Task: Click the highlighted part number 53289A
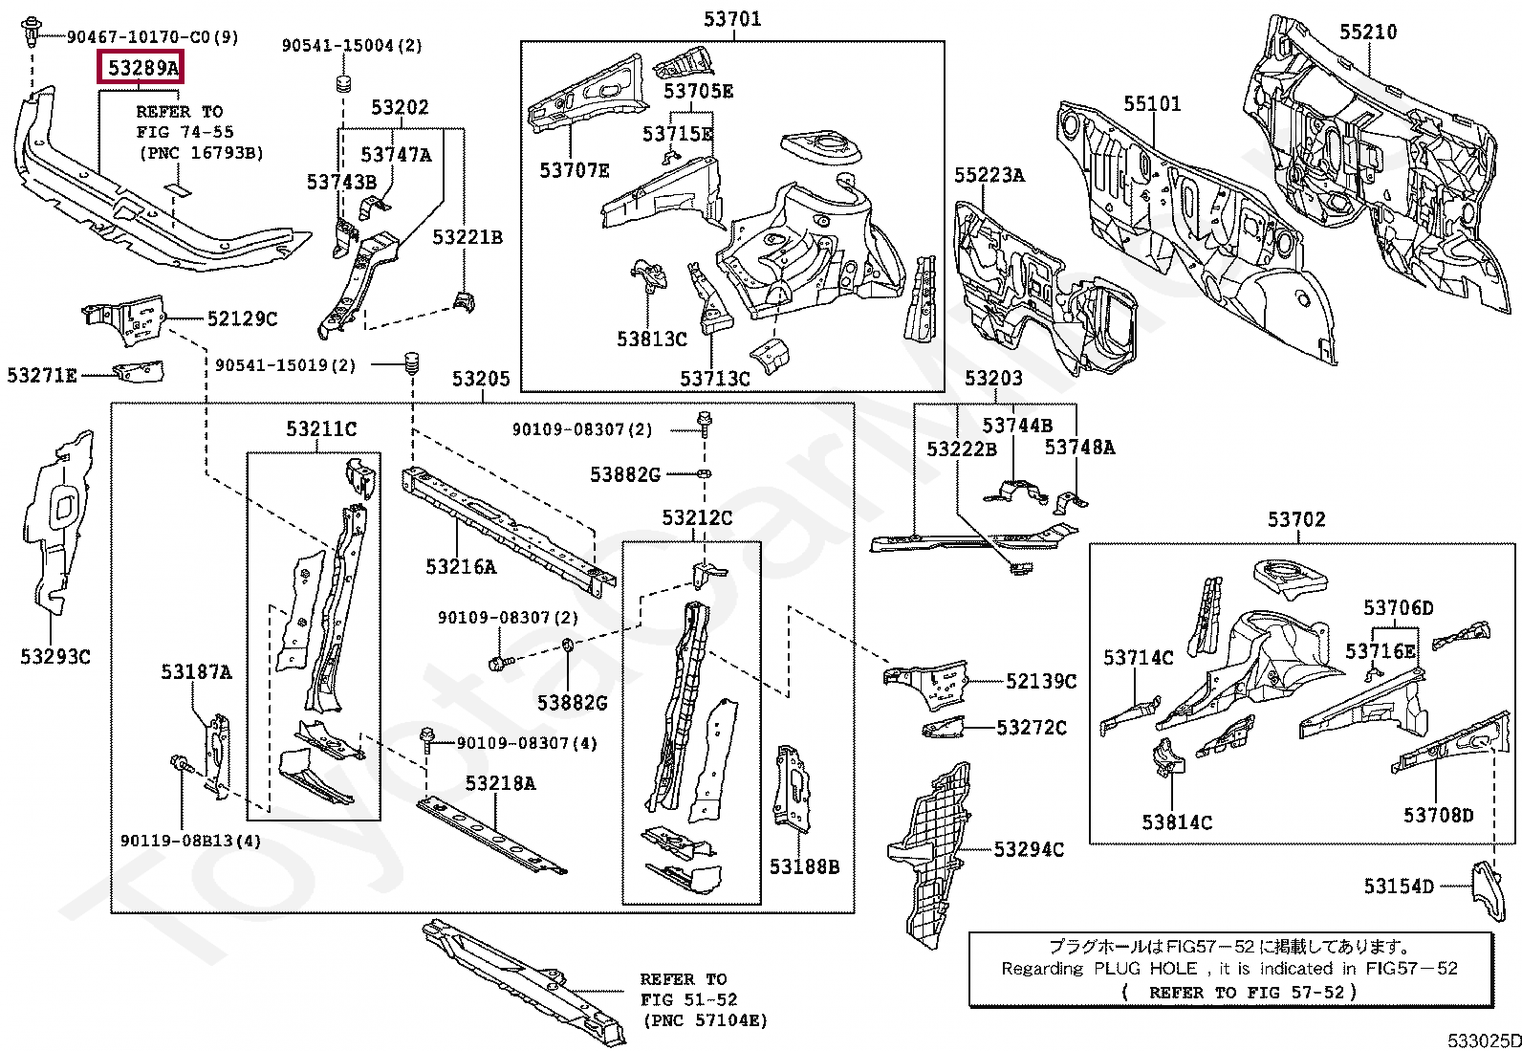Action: (142, 68)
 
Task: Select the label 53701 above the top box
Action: (732, 18)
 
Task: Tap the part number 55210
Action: (1367, 32)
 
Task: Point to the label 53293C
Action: (55, 656)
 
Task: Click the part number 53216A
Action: (461, 567)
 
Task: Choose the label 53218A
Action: (500, 783)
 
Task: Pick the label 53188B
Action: (804, 866)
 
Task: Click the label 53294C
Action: (1029, 849)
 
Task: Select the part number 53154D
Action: (1399, 887)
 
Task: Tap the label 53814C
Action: (1177, 822)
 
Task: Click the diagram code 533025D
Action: (1483, 1040)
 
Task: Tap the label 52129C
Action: (242, 318)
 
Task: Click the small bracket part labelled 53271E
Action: (139, 371)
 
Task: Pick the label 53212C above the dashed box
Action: (697, 517)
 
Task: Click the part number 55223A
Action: (989, 175)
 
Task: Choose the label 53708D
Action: (1438, 815)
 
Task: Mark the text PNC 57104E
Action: (706, 1020)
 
